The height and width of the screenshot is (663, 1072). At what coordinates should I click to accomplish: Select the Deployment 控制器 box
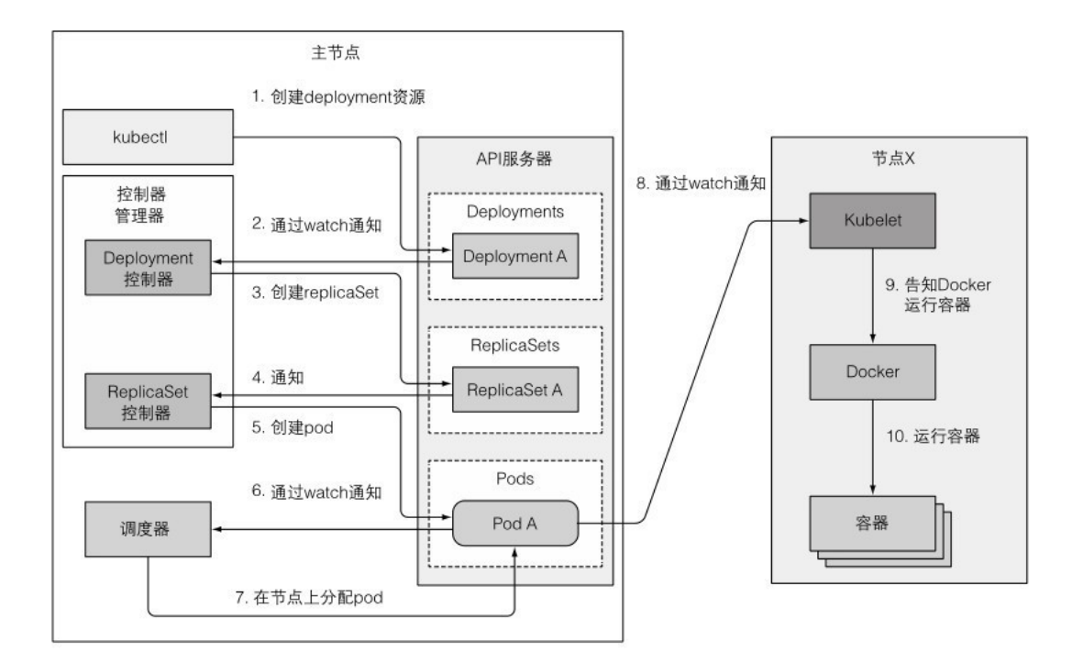tap(148, 268)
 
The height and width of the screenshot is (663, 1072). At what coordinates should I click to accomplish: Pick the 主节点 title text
tap(338, 52)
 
